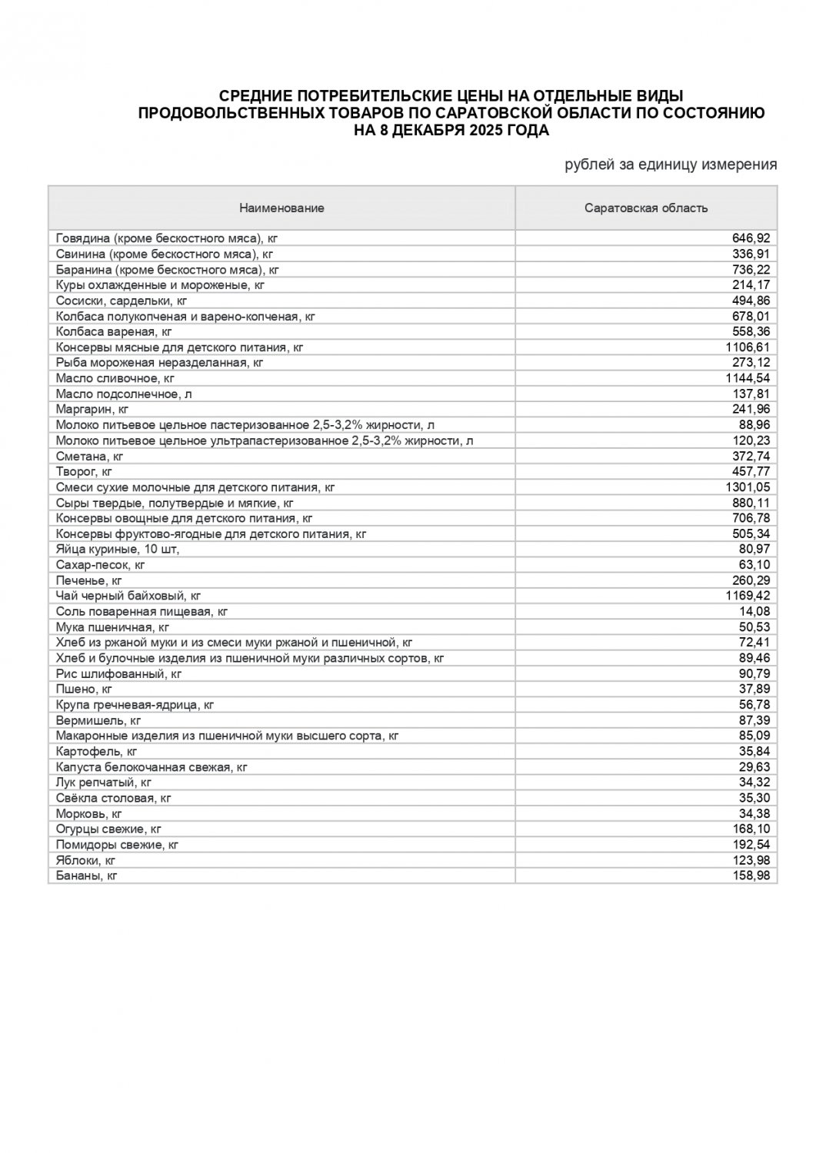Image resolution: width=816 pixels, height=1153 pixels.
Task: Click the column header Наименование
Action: click(x=281, y=208)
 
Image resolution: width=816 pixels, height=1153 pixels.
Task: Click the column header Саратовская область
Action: click(x=646, y=208)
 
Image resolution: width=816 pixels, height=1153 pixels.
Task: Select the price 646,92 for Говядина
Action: click(x=752, y=238)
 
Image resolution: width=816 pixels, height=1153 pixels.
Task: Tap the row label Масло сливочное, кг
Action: click(x=115, y=378)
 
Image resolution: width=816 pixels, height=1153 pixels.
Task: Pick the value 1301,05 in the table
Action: click(x=748, y=487)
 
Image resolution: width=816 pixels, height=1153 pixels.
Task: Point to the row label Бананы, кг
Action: click(x=87, y=876)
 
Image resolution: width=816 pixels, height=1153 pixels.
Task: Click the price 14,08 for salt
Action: click(x=755, y=611)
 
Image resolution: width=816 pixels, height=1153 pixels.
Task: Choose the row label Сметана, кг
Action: click(x=90, y=456)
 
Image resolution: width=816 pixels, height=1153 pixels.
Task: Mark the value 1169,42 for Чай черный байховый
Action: click(x=748, y=596)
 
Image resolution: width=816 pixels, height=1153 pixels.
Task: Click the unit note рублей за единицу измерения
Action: click(x=671, y=164)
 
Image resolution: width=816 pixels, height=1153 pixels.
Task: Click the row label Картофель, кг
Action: click(x=97, y=751)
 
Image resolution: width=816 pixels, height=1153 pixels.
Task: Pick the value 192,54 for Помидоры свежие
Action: click(x=752, y=844)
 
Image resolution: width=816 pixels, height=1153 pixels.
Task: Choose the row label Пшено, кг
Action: click(x=85, y=689)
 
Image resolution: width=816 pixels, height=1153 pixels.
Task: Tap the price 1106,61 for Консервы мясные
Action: click(x=748, y=347)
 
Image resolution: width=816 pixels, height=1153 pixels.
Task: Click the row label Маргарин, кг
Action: click(x=92, y=409)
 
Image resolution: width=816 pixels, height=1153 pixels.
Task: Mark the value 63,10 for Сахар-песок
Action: click(x=755, y=565)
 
